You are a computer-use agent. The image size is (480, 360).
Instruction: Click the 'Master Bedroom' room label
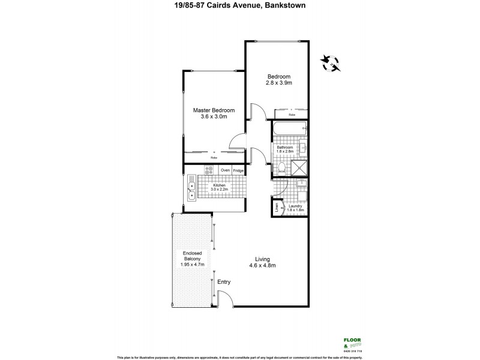tap(213, 110)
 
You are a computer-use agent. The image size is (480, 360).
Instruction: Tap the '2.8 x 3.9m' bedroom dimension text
tap(279, 83)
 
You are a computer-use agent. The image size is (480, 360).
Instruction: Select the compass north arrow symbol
tap(330, 61)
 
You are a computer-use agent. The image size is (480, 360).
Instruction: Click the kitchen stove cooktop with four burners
tap(209, 170)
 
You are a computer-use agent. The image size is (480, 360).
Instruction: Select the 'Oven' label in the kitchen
tap(225, 170)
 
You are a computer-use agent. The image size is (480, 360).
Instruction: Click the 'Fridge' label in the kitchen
tap(238, 170)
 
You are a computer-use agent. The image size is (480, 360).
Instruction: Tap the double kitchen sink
tap(191, 187)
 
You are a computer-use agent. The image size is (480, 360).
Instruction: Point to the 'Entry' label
tap(224, 282)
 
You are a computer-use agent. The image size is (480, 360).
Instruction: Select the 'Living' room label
tap(261, 259)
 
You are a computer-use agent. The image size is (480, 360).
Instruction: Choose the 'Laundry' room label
tap(296, 206)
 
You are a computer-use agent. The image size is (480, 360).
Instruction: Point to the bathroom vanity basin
tap(304, 147)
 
